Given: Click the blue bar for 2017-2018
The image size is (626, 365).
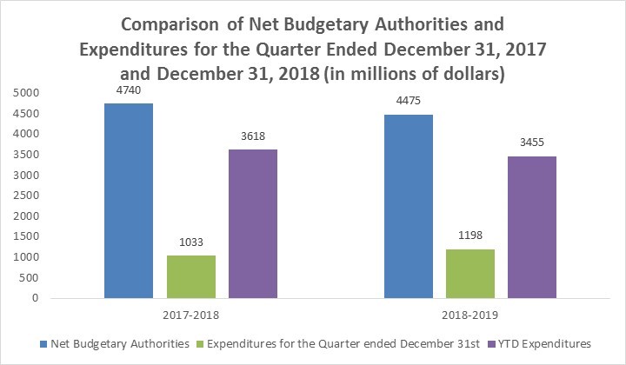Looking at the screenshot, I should (x=130, y=201).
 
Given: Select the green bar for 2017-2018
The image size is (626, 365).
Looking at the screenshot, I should (x=191, y=276).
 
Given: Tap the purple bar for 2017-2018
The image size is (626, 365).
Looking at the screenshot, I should (x=253, y=223).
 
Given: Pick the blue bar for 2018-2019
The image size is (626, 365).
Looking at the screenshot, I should (x=408, y=206).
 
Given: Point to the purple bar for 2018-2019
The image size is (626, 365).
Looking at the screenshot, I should (x=531, y=227).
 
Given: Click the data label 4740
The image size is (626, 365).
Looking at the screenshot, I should (x=130, y=90).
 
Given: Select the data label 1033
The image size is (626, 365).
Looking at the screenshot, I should (x=191, y=242).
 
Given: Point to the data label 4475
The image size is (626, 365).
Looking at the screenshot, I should (x=408, y=101).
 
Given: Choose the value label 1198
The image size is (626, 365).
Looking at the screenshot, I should (x=469, y=235).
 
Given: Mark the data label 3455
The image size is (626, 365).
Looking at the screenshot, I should (x=531, y=143).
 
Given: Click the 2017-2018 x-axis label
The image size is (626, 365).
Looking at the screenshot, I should (x=191, y=315).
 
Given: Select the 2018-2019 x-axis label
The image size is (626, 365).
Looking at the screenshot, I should (x=469, y=315).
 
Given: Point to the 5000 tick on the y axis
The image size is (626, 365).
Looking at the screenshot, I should (x=23, y=93).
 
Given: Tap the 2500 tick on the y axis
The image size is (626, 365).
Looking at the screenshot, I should (x=23, y=196).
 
